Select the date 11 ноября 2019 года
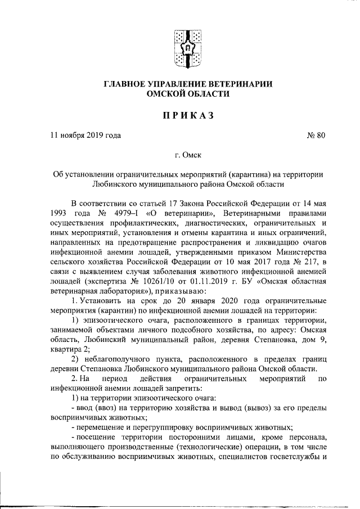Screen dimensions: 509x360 tap(85, 135)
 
